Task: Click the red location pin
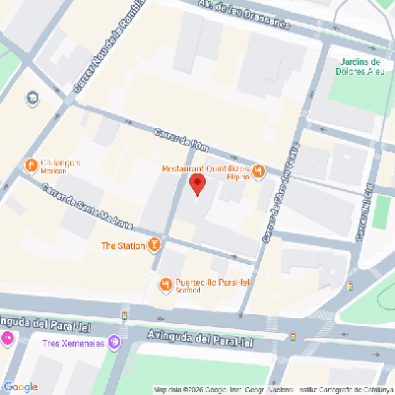coord(197,183)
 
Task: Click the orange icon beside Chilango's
coord(30,164)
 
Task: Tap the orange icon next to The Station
coord(155,244)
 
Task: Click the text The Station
coord(123,244)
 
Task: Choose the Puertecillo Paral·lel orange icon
coord(165,286)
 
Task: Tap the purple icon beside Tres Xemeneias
coord(114,342)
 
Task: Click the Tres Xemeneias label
coord(74,343)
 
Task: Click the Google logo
coord(21,385)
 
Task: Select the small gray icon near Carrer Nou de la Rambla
coord(33,97)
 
